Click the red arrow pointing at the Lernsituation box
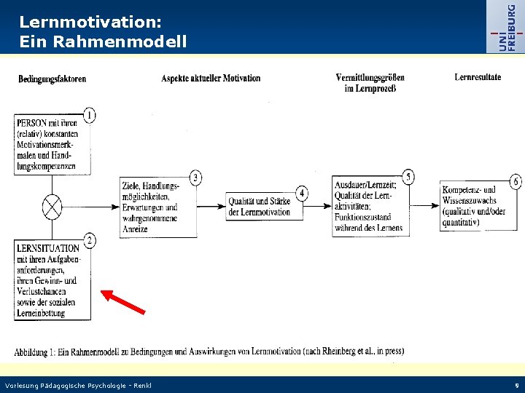[x=122, y=301]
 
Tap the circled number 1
[x=90, y=115]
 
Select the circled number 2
[x=89, y=240]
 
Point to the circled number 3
[x=195, y=178]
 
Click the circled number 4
[x=302, y=194]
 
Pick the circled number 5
[x=408, y=177]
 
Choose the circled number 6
[x=516, y=181]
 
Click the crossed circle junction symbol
[x=52, y=207]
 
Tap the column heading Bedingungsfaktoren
[x=52, y=79]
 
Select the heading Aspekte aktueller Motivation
[x=211, y=79]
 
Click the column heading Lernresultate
[x=478, y=77]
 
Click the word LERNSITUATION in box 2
[x=48, y=248]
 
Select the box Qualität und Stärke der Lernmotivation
[x=259, y=207]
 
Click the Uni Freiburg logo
[x=507, y=27]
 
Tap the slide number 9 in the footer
[x=516, y=385]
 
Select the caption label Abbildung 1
[x=42, y=352]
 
